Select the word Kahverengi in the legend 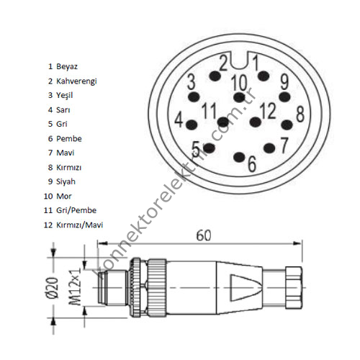76,81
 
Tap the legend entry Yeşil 66,95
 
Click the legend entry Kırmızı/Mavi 79,225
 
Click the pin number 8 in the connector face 300,113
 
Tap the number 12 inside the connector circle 268,111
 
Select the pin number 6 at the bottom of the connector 251,163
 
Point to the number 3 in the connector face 191,81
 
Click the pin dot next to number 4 192,125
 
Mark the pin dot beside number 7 269,148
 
